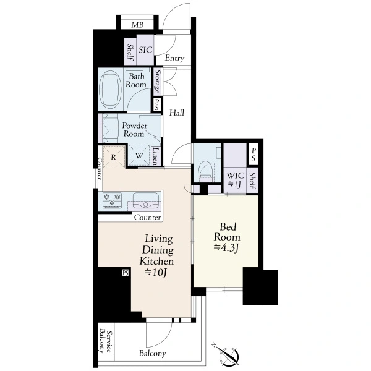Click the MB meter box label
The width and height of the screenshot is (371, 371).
pos(137,25)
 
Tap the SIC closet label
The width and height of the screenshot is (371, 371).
pos(145,49)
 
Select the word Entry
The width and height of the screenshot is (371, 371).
pos(174,58)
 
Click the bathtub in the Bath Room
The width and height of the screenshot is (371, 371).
pos(111,90)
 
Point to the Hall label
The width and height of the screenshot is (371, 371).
pos(176,113)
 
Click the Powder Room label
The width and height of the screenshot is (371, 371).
pos(134,129)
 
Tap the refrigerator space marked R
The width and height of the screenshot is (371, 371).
pos(114,157)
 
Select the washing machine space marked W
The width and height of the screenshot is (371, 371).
pos(139,155)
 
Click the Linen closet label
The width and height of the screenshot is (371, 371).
pos(155,156)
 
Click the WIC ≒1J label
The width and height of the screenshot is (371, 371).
pos(235,179)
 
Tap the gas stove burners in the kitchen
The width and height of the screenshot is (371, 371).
pos(112,200)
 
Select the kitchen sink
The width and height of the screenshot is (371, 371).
pos(145,200)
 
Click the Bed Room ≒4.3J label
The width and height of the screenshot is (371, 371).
pos(227,237)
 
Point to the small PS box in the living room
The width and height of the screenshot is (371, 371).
pos(125,273)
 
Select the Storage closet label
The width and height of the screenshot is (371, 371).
pos(157,81)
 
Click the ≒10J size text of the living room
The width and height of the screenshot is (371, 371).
pos(156,273)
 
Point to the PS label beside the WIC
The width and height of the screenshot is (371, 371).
pos(254,155)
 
